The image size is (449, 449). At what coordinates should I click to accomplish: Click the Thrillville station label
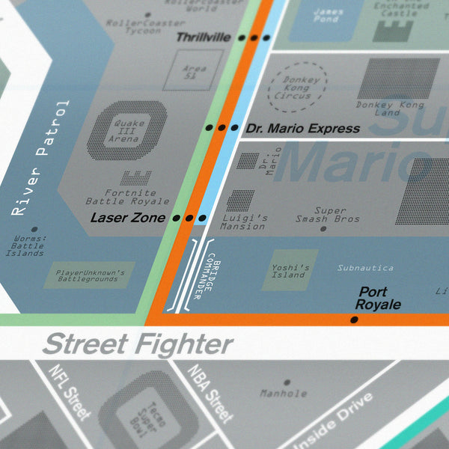point(203,37)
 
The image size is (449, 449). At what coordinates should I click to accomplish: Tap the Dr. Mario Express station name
point(302,128)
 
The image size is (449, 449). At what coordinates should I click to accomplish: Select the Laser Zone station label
point(127,219)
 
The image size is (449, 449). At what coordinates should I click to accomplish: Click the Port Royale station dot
point(354,320)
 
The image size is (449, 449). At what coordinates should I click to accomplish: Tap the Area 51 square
point(194,70)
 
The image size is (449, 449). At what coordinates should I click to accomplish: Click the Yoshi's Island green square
point(290,270)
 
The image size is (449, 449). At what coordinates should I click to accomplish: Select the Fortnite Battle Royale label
point(127,198)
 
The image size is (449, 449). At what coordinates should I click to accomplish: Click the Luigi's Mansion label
point(243,222)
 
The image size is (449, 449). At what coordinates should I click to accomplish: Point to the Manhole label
point(283,393)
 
